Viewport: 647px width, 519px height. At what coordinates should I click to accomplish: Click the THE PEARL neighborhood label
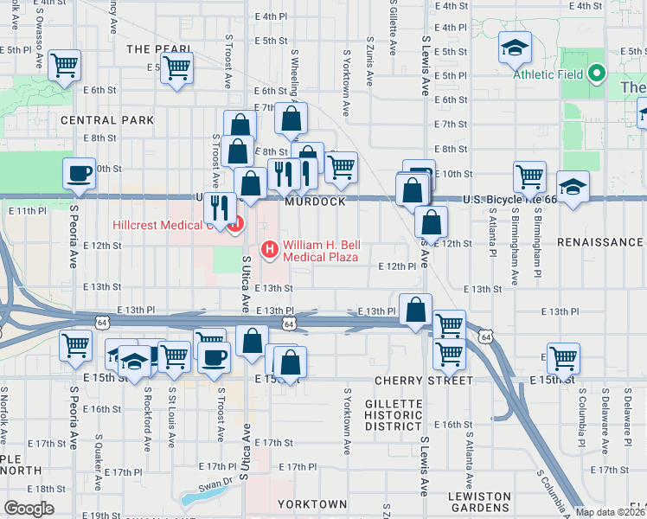pos(151,49)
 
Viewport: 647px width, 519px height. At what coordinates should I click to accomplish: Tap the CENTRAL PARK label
pos(107,119)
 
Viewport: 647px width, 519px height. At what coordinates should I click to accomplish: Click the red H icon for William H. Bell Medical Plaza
pos(270,249)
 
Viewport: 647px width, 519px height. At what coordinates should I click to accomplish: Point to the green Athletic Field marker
pos(596,74)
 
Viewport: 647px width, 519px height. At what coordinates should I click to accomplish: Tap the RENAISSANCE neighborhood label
pos(600,242)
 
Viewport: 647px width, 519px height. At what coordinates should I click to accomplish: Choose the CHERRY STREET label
pos(424,381)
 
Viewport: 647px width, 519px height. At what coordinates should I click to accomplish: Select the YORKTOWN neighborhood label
pos(312,503)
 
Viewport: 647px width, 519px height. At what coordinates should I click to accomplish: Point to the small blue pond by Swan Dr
pos(190,498)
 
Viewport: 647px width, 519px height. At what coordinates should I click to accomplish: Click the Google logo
pos(29,509)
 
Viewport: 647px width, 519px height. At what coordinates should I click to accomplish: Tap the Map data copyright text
pos(611,512)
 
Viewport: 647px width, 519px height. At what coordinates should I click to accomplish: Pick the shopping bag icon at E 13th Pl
pos(417,309)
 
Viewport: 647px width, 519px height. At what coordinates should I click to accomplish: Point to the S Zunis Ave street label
pos(370,61)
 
